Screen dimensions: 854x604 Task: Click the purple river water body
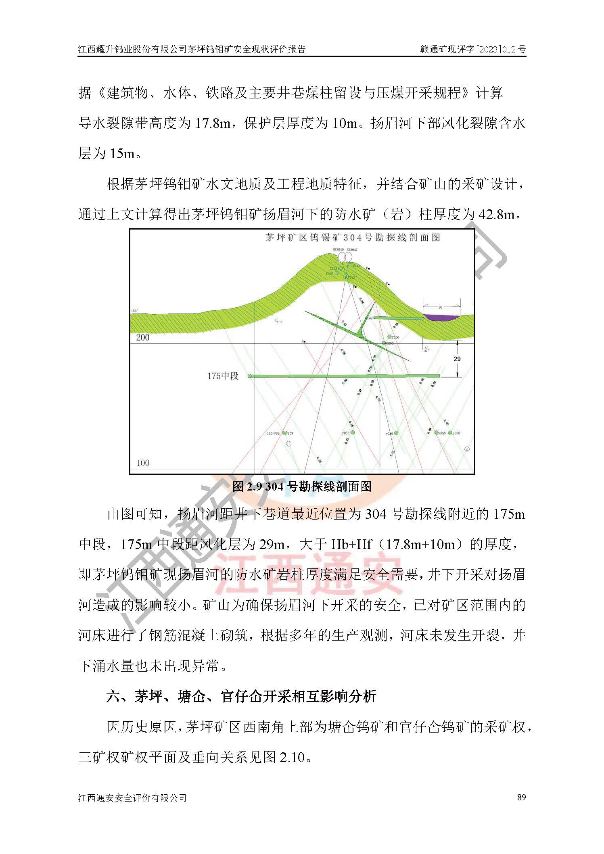[x=441, y=317]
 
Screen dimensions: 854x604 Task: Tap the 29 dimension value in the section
[x=457, y=359]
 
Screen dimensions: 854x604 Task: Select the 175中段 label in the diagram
[x=223, y=376]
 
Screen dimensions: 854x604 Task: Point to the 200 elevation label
[x=143, y=337]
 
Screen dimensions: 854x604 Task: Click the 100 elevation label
[x=143, y=463]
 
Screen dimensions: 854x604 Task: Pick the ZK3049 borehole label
[x=338, y=250]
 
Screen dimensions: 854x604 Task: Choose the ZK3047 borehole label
[x=352, y=250]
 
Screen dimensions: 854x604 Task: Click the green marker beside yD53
[x=353, y=432]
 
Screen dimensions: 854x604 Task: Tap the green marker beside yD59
[x=396, y=433]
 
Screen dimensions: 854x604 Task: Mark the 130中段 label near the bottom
[x=273, y=433]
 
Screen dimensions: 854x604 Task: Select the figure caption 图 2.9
[x=302, y=487]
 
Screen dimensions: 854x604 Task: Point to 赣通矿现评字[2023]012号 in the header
[x=473, y=49]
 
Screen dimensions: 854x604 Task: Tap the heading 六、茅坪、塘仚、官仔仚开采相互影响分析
[x=241, y=696]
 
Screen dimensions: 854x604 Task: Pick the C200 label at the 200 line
[x=390, y=343]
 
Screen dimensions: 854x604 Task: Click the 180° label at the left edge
[x=134, y=311]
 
